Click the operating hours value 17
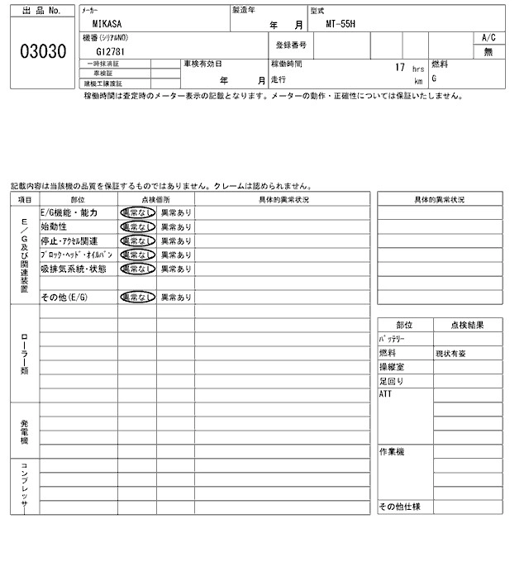click(x=399, y=67)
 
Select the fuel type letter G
click(x=434, y=79)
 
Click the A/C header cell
click(x=488, y=38)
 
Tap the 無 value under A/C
click(x=488, y=52)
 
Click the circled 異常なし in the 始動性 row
click(x=137, y=226)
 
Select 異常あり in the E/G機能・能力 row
click(x=175, y=212)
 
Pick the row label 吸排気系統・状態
click(x=74, y=269)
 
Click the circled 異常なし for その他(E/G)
click(x=137, y=297)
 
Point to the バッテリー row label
click(x=394, y=340)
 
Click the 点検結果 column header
click(x=468, y=326)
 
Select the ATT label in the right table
click(x=385, y=395)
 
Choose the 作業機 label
click(x=391, y=452)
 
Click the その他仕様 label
click(x=399, y=507)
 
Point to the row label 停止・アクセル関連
click(x=76, y=241)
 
